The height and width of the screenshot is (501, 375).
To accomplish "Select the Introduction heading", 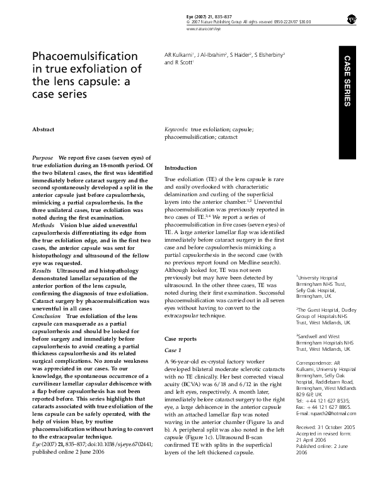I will pyautogui.click(x=181, y=168).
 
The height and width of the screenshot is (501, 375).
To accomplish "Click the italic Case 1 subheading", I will pyautogui.click(x=173, y=350).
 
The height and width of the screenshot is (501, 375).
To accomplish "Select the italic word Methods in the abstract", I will pyautogui.click(x=43, y=224).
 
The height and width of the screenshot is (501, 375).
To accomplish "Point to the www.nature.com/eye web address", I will pyautogui.click(x=204, y=29).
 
